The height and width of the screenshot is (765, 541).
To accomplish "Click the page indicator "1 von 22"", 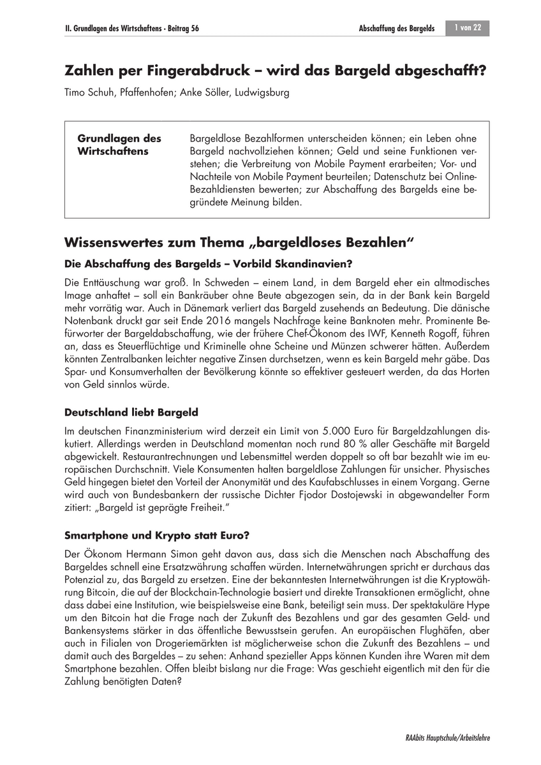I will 468,29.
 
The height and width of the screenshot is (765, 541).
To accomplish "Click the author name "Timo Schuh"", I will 89,92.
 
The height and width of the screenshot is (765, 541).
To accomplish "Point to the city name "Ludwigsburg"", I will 264,92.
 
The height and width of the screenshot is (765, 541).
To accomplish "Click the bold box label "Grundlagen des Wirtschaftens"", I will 119,145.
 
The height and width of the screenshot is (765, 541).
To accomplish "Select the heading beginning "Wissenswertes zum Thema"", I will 240,243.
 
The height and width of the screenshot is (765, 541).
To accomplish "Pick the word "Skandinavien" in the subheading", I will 318,263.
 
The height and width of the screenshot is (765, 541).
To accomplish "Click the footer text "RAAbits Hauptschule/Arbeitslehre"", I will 447,738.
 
